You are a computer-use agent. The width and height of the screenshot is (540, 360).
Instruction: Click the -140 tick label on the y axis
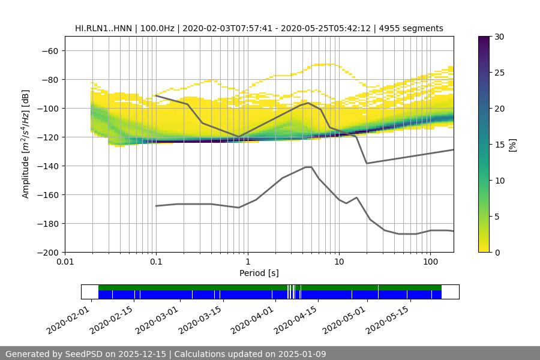point(49,166)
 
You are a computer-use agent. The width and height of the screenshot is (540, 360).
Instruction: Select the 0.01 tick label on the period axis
point(65,262)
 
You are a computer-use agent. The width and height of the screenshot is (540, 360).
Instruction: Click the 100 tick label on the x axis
point(430,262)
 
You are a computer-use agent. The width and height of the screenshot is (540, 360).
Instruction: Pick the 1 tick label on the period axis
point(247,262)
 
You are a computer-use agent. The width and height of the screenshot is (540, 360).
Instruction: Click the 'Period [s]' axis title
point(259,273)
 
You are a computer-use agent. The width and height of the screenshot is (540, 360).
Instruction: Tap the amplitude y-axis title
point(26,145)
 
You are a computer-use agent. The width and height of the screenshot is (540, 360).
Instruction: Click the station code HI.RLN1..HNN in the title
point(103,28)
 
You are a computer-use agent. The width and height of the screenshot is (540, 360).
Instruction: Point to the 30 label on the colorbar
point(499,37)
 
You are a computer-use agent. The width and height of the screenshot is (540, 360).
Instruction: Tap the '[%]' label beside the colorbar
point(512,145)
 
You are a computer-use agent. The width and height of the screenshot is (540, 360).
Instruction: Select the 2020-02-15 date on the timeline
point(112,319)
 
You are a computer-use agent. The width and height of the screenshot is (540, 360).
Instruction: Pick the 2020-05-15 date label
point(387,319)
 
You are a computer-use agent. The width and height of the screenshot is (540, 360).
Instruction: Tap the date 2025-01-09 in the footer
point(300,354)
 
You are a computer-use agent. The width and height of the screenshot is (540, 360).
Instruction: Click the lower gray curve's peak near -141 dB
point(308,167)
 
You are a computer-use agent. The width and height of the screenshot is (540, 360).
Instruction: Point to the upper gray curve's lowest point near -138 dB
point(367,163)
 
